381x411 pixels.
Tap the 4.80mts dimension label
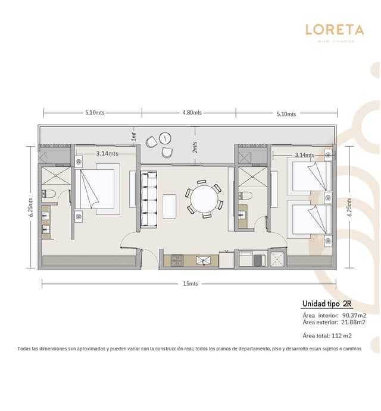[192, 112]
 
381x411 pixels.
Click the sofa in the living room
[148, 200]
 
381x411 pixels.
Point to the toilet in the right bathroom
[246, 195]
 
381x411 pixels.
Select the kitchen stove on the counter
[178, 260]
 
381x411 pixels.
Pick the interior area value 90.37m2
[353, 315]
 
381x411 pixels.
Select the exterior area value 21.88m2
[353, 322]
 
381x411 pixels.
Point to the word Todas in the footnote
[26, 349]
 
